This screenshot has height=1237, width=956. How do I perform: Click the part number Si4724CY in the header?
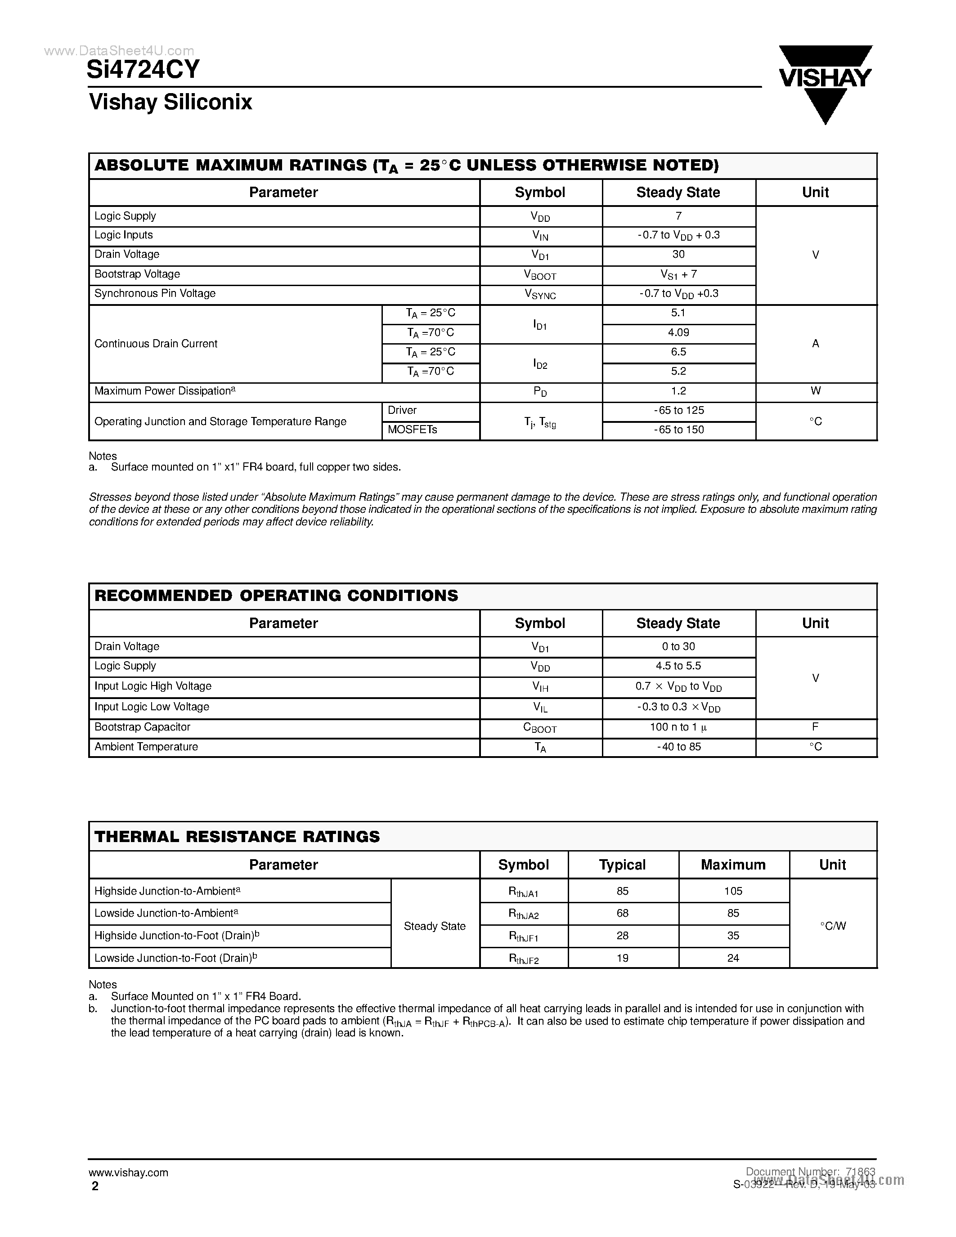tap(143, 70)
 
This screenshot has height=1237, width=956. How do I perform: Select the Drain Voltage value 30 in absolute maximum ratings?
tap(678, 254)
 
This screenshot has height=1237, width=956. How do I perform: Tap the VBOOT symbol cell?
tap(540, 275)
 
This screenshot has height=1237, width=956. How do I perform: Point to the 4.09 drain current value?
tap(678, 332)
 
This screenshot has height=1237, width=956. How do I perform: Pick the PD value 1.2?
tap(678, 391)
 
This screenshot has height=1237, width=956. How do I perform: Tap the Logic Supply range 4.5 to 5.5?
tap(678, 666)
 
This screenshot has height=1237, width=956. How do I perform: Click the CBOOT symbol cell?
tap(540, 728)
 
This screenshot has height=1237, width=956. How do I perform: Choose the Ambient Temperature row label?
tap(146, 747)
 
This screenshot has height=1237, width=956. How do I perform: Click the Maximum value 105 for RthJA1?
tap(733, 891)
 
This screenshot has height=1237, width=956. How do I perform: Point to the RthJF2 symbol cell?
tap(523, 958)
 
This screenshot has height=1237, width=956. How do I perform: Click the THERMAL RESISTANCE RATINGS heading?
tap(237, 837)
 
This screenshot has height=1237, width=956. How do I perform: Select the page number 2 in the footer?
tap(95, 1186)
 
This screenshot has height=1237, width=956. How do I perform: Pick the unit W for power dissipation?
tap(815, 391)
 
